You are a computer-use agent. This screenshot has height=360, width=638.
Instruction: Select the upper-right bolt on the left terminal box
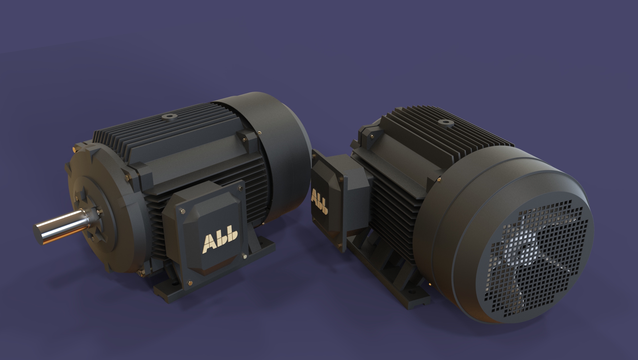pyautogui.click(x=240, y=188)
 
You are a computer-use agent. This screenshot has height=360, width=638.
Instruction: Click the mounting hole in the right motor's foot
pyautogui.click(x=411, y=293)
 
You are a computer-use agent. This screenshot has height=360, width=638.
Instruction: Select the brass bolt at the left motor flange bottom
pyautogui.click(x=139, y=273)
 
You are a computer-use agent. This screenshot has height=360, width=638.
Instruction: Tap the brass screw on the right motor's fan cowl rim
pyautogui.click(x=439, y=180)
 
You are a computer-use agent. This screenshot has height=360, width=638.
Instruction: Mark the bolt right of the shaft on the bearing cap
pyautogui.click(x=99, y=210)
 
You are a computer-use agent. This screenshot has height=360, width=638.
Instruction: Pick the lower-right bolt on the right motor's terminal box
pyautogui.click(x=339, y=246)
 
